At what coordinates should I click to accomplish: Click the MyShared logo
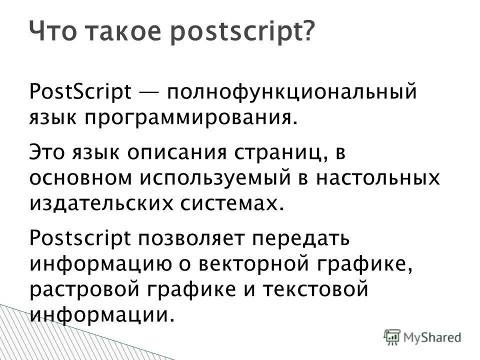(423, 337)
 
